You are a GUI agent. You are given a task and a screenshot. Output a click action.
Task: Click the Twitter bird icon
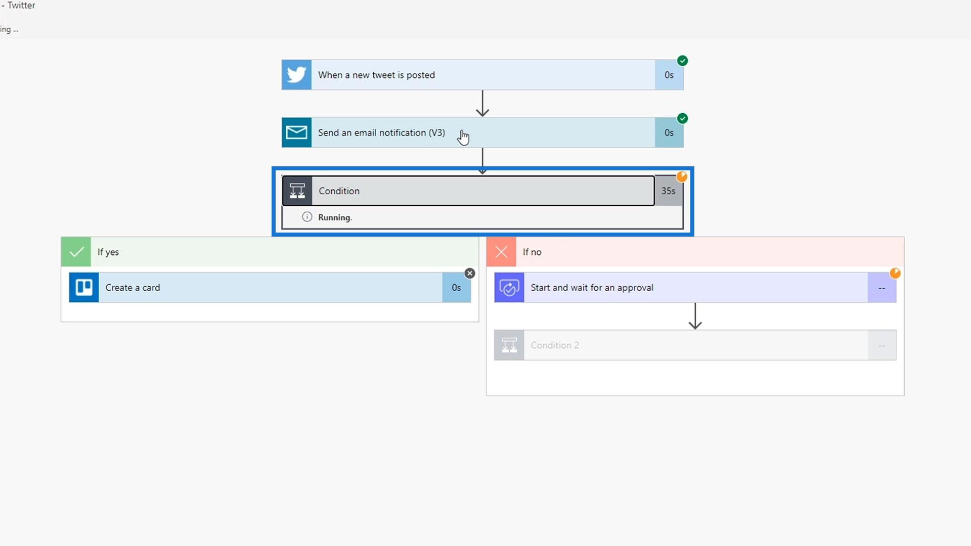click(296, 75)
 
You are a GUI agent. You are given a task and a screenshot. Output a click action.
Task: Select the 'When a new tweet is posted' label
click(376, 75)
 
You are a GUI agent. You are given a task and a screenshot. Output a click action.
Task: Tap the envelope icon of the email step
click(296, 132)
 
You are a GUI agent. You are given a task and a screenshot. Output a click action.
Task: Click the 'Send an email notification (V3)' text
click(381, 132)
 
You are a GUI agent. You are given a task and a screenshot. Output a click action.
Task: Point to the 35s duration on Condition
click(668, 191)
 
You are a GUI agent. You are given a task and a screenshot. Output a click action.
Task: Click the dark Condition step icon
click(297, 191)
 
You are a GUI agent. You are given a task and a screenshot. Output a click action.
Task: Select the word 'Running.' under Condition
click(335, 217)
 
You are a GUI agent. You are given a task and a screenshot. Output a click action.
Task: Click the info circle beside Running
click(307, 217)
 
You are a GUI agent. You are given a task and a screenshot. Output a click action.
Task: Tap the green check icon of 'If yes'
click(76, 252)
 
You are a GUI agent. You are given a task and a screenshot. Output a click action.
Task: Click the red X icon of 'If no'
click(501, 252)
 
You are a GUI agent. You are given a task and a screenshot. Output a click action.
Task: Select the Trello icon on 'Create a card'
click(84, 287)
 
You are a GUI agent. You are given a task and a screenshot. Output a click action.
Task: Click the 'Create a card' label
click(133, 287)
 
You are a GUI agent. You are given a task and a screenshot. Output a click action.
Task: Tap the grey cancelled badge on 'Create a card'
click(470, 274)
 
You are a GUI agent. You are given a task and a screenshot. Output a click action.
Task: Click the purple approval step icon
click(509, 287)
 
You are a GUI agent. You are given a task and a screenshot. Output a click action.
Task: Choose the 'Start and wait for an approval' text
click(592, 287)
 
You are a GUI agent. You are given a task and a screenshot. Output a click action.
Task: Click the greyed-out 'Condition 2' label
click(555, 345)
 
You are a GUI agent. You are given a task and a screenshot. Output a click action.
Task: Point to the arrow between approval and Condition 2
click(695, 316)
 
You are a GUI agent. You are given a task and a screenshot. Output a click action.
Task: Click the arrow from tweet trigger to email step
click(482, 104)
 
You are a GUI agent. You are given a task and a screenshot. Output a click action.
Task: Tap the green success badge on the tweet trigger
click(682, 61)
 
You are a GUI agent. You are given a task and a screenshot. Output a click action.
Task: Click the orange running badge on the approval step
click(895, 274)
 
